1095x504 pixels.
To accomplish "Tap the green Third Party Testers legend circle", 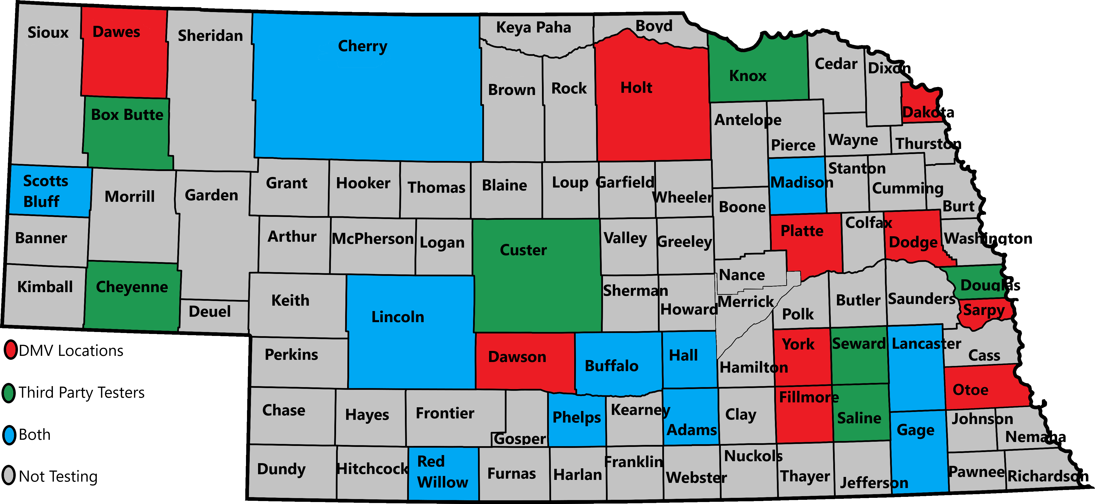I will (9, 393).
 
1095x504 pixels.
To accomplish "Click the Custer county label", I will (523, 250).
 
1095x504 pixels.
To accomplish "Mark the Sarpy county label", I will (984, 310).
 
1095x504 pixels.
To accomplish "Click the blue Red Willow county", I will (443, 472).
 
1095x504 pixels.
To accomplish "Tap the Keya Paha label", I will (533, 27).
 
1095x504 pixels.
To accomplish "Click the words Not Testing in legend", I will (58, 476).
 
